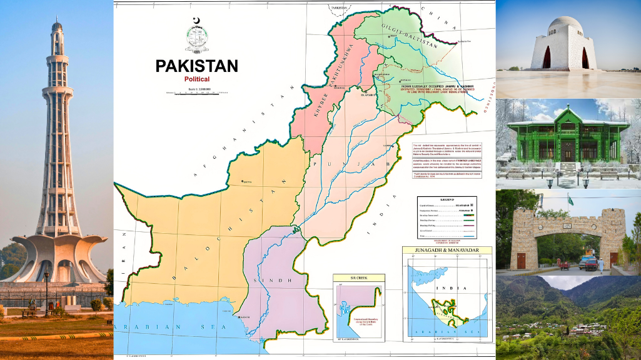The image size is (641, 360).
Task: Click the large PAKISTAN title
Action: click(196, 66)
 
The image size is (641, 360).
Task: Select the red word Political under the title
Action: click(196, 79)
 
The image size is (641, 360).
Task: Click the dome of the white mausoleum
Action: click(566, 27)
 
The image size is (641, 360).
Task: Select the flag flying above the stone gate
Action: click(570, 200)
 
